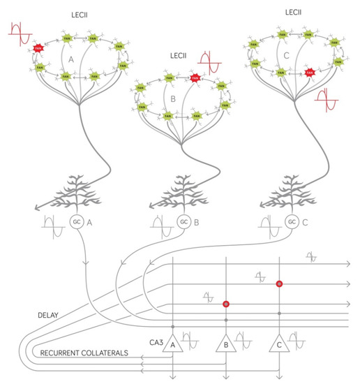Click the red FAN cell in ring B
coord(196,78)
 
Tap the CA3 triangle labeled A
coord(172,343)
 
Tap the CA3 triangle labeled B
coord(226,343)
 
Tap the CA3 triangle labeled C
coord(279,343)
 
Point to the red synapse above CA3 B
coord(226,304)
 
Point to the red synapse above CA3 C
coord(279,284)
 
